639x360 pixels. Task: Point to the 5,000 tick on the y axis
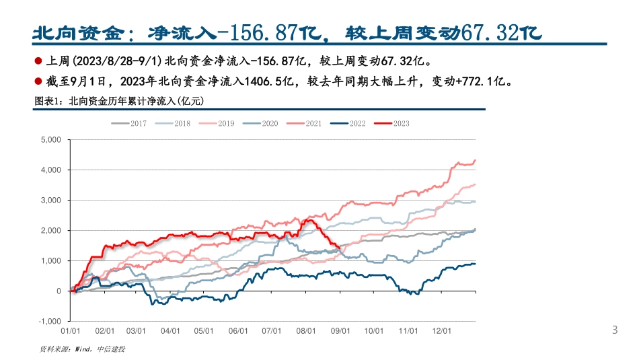pyautogui.click(x=51, y=140)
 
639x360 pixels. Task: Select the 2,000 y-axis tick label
pyautogui.click(x=51, y=231)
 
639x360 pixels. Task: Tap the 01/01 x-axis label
pyautogui.click(x=71, y=331)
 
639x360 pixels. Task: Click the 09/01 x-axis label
pyautogui.click(x=341, y=331)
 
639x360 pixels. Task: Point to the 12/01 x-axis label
pyautogui.click(x=442, y=331)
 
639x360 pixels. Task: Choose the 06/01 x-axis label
pyautogui.click(x=239, y=331)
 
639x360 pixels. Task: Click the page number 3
pyautogui.click(x=614, y=330)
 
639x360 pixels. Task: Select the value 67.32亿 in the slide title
pyautogui.click(x=500, y=32)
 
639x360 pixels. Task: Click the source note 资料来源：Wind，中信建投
pyautogui.click(x=83, y=349)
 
